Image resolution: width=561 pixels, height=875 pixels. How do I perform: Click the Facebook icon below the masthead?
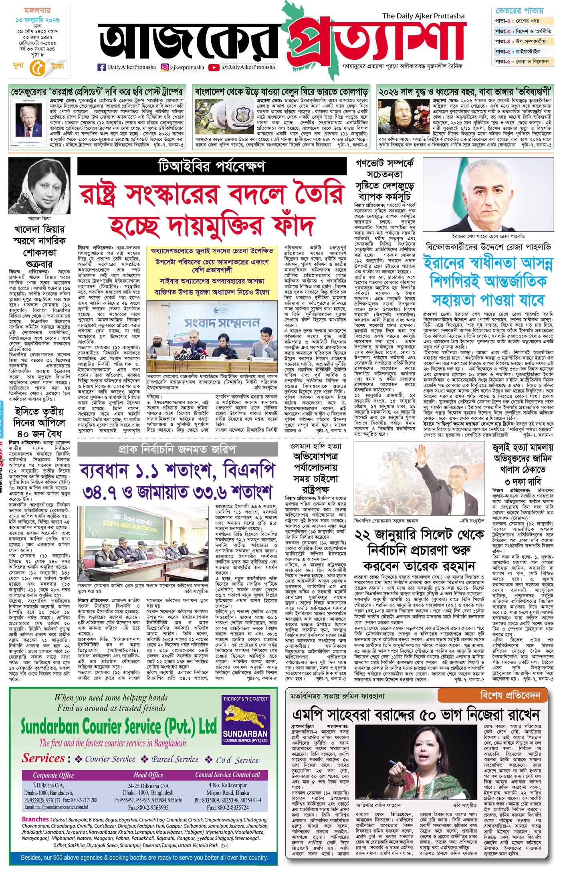pos(102,67)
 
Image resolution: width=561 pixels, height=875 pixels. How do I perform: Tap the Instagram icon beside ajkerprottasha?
pos(165,67)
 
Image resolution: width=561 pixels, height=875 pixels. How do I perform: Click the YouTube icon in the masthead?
pos(214,67)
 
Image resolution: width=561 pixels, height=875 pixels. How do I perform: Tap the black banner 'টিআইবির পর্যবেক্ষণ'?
pos(212,166)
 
